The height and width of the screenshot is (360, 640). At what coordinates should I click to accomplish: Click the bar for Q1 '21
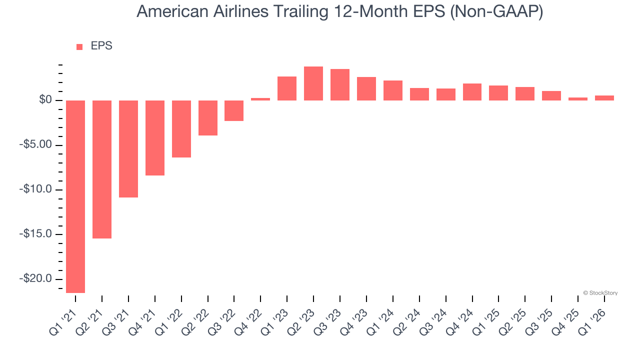75,196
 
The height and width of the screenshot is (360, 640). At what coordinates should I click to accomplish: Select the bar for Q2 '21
102,169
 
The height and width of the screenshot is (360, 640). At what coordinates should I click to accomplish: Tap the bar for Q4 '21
155,138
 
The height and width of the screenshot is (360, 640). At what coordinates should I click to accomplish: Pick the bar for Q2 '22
208,118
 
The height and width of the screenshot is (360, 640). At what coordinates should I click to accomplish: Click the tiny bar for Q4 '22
260,99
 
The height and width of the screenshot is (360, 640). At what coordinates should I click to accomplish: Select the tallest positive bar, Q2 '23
313,83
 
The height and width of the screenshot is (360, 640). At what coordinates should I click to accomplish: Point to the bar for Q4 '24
472,92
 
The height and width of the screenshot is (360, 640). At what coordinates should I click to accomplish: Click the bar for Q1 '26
604,98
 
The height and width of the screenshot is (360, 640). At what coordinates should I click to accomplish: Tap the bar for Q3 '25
551,95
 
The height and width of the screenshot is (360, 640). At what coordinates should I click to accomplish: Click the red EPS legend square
79,47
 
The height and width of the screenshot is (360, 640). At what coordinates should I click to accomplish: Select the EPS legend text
101,46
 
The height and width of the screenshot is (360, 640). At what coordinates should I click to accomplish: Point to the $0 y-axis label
46,100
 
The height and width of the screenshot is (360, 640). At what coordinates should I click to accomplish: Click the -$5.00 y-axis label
35,145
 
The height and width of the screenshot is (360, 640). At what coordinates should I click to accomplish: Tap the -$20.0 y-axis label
35,279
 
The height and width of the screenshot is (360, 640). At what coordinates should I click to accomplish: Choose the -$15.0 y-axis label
35,234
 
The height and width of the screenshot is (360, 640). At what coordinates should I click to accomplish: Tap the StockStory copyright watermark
600,293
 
